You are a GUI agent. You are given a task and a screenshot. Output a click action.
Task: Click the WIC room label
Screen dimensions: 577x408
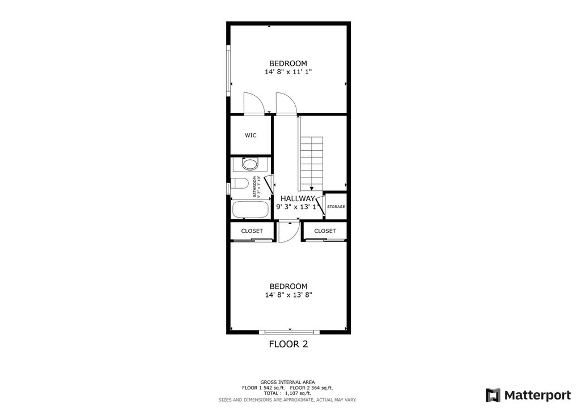[x=251, y=135]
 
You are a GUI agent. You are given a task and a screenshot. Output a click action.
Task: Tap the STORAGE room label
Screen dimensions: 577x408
[x=336, y=207]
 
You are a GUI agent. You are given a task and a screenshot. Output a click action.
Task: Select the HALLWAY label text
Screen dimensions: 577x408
[x=298, y=199]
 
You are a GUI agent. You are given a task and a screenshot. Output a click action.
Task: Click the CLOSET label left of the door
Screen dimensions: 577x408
[x=252, y=231]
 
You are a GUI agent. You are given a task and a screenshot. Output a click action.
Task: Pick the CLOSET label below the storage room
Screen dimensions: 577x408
[x=325, y=231]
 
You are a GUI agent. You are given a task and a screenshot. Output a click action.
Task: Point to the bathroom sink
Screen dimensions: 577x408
[x=250, y=164]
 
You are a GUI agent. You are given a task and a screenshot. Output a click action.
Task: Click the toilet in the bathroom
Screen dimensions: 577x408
[x=240, y=183]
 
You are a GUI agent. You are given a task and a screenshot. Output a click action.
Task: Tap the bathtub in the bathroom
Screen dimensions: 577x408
[x=250, y=210]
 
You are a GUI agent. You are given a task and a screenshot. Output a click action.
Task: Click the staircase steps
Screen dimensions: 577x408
[x=312, y=162]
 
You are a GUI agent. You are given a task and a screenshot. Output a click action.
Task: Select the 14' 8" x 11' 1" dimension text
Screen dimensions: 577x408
[x=288, y=72]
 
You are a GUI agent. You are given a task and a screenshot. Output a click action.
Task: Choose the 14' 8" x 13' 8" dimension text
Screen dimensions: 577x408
[x=288, y=295]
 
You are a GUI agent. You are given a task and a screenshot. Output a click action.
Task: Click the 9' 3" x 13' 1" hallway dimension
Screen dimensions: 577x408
[x=298, y=207]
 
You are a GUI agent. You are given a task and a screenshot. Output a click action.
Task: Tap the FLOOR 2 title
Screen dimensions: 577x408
[x=288, y=344]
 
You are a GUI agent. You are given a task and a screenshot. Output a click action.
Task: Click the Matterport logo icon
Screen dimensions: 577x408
[x=493, y=396]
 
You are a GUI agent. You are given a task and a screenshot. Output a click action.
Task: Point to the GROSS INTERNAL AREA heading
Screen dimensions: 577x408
[x=287, y=382]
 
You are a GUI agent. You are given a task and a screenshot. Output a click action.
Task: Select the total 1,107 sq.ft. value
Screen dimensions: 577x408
[x=298, y=393]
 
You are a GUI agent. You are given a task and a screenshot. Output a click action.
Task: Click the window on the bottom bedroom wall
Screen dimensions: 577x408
[x=289, y=332]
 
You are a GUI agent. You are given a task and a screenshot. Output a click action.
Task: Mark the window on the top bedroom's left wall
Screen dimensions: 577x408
[x=228, y=71]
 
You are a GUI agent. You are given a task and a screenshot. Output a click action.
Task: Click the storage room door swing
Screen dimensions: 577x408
[x=320, y=206]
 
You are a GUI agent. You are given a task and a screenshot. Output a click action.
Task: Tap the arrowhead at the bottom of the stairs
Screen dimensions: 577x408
[x=312, y=189]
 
